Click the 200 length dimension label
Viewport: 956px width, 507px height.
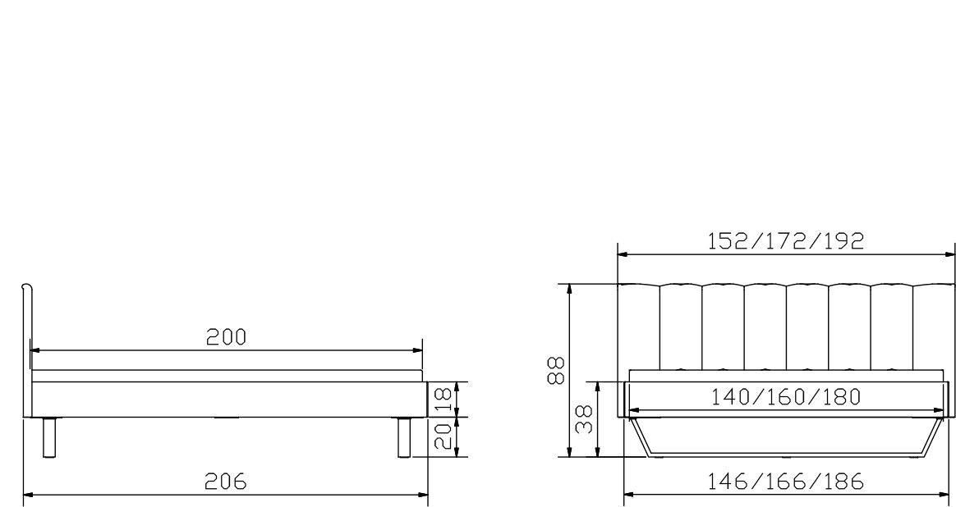[x=226, y=337]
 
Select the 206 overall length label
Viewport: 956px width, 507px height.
[x=226, y=482]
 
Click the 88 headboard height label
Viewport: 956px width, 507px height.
[x=556, y=371]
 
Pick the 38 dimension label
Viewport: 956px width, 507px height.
[x=585, y=419]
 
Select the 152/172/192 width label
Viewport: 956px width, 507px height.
[x=785, y=241]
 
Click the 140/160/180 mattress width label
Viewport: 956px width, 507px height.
[x=786, y=397]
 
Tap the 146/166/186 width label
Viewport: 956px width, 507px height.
[x=785, y=482]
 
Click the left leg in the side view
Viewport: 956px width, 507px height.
[x=49, y=437]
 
